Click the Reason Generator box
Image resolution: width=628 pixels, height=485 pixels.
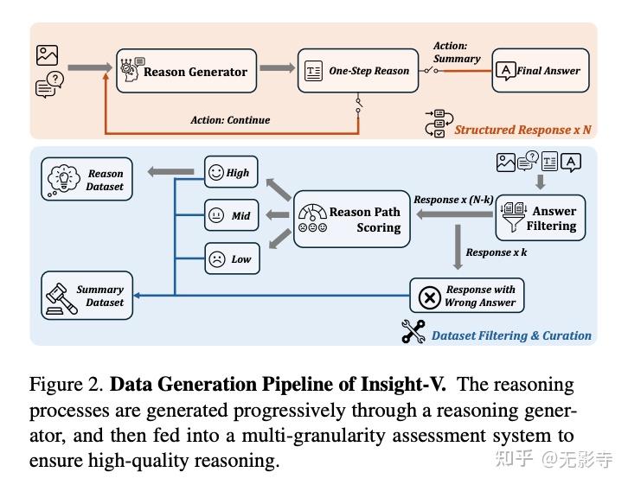(x=186, y=71)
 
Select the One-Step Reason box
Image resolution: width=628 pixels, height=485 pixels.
(x=358, y=71)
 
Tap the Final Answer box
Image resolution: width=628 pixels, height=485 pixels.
(x=541, y=71)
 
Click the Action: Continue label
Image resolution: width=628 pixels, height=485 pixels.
(x=230, y=120)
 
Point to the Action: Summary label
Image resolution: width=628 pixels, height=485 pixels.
(x=457, y=53)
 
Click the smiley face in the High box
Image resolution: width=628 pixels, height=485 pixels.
(x=216, y=172)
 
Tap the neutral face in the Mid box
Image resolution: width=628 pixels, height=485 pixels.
(x=216, y=215)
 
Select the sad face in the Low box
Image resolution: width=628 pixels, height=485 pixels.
(x=217, y=258)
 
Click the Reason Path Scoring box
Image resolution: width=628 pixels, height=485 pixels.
(x=352, y=219)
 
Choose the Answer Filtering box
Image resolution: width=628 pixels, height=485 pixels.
(x=541, y=218)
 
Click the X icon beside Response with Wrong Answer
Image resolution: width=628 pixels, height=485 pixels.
(x=429, y=297)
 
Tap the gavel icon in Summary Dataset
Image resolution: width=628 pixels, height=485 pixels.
(x=61, y=299)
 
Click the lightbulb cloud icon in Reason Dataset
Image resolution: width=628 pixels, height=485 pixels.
(x=63, y=179)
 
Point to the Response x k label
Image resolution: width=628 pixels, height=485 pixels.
(x=497, y=252)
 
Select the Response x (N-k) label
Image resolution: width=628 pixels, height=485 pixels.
(x=453, y=200)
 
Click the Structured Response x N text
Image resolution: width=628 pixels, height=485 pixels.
(x=522, y=130)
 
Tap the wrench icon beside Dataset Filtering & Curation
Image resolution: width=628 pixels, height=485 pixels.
(x=413, y=331)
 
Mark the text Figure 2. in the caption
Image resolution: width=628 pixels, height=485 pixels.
(x=67, y=385)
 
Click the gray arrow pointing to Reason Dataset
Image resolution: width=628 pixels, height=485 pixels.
(x=170, y=172)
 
